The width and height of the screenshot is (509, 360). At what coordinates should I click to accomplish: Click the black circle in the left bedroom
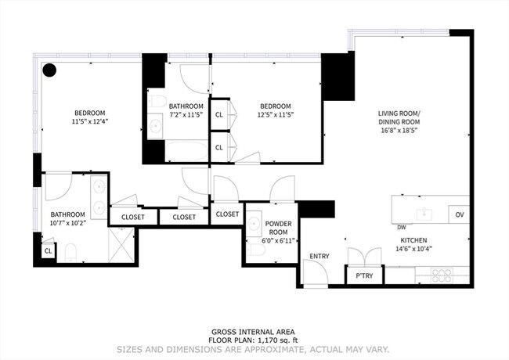coord(49,70)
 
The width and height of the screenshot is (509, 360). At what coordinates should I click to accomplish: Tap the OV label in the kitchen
coord(459,214)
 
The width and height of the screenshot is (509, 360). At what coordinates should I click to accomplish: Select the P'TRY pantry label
coord(364,276)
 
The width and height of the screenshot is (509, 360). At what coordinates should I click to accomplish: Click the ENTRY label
coord(319,256)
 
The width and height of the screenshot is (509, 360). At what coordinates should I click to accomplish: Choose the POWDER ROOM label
coord(278,227)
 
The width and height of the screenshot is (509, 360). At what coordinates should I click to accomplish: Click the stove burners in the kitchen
coord(442,275)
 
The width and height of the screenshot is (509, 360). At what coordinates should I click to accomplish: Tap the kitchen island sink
coord(424,213)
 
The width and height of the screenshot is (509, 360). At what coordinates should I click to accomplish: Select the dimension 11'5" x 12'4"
coord(89,121)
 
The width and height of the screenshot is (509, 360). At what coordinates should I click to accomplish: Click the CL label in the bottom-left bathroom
coord(48,251)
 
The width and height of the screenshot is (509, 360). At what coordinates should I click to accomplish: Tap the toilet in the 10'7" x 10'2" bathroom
coord(70,251)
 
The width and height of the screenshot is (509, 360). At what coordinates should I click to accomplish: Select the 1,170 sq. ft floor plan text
coord(255,340)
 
